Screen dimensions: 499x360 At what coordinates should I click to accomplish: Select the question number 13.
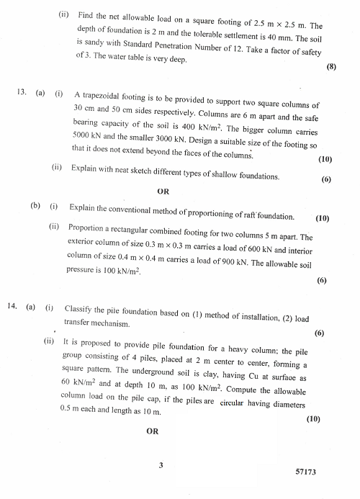click(22, 93)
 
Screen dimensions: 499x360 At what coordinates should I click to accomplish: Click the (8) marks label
click(331, 67)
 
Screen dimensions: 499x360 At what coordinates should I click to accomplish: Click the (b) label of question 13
click(35, 205)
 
